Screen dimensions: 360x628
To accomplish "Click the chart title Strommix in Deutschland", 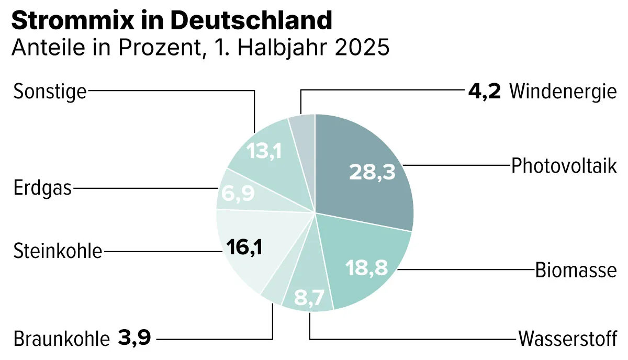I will pyautogui.click(x=172, y=21).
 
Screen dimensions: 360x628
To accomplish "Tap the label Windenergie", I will pyautogui.click(x=563, y=92).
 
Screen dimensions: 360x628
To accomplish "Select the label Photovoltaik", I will pyautogui.click(x=564, y=166).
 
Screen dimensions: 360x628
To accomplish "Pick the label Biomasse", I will pyautogui.click(x=576, y=271).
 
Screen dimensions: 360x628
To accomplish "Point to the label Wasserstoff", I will pyautogui.click(x=567, y=339).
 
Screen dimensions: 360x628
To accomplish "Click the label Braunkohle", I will pyautogui.click(x=61, y=339).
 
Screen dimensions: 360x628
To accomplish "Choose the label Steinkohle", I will pyautogui.click(x=58, y=252).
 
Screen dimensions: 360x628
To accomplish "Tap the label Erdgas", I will pyautogui.click(x=42, y=188).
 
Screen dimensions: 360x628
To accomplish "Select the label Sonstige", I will pyautogui.click(x=49, y=92).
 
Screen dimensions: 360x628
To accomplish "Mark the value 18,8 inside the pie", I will pyautogui.click(x=366, y=268).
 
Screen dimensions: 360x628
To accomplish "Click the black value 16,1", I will pyautogui.click(x=245, y=246).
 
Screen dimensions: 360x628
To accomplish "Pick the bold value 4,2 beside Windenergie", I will pyautogui.click(x=485, y=92).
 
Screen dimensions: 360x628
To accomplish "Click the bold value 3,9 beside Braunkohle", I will pyautogui.click(x=134, y=338).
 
